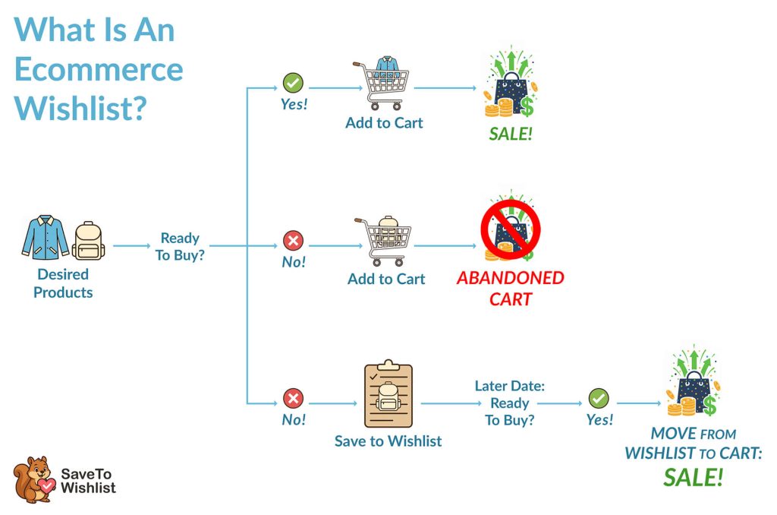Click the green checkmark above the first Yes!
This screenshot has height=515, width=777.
(x=293, y=82)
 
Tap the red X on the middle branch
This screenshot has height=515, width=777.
(x=293, y=242)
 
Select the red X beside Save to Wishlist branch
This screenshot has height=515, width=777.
(x=293, y=398)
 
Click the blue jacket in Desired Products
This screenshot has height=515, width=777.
(x=45, y=237)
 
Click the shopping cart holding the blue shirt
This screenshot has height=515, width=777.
(x=381, y=85)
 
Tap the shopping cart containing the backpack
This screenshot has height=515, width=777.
(x=382, y=241)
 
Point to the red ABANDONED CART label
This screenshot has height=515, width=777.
(x=511, y=288)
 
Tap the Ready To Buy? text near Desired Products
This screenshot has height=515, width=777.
(x=180, y=247)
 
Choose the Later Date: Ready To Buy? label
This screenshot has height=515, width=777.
(x=510, y=403)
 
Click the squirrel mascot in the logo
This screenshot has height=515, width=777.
(x=33, y=479)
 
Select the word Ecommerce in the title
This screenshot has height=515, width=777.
(x=99, y=69)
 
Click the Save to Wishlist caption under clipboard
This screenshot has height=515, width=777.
(x=388, y=441)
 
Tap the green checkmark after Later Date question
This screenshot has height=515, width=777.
(x=599, y=398)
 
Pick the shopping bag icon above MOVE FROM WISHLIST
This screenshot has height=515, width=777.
(x=691, y=385)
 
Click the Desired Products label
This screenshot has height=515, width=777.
(x=63, y=283)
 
